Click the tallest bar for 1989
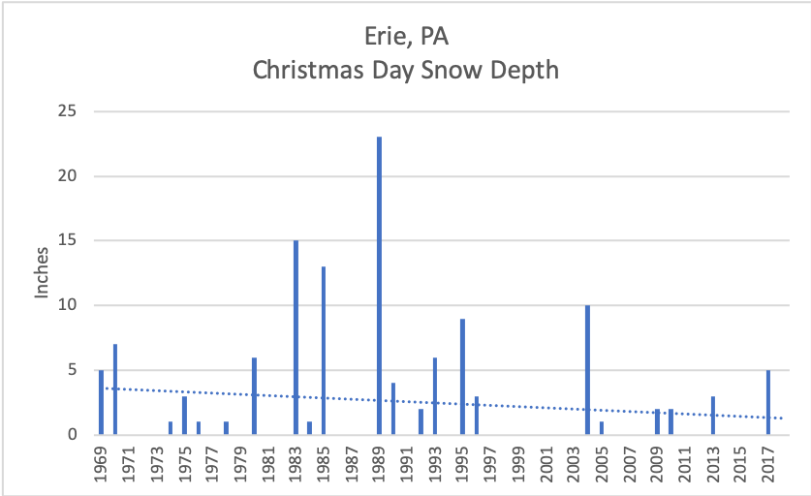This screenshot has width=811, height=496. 379,286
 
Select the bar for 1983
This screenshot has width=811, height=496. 296,337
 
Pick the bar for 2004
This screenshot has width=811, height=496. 587,369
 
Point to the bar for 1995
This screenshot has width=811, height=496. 462,376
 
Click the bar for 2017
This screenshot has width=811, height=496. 768,402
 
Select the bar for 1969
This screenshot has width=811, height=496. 101,402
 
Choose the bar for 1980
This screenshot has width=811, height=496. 254,395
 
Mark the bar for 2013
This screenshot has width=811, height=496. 712,415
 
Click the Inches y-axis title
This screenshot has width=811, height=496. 43,272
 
